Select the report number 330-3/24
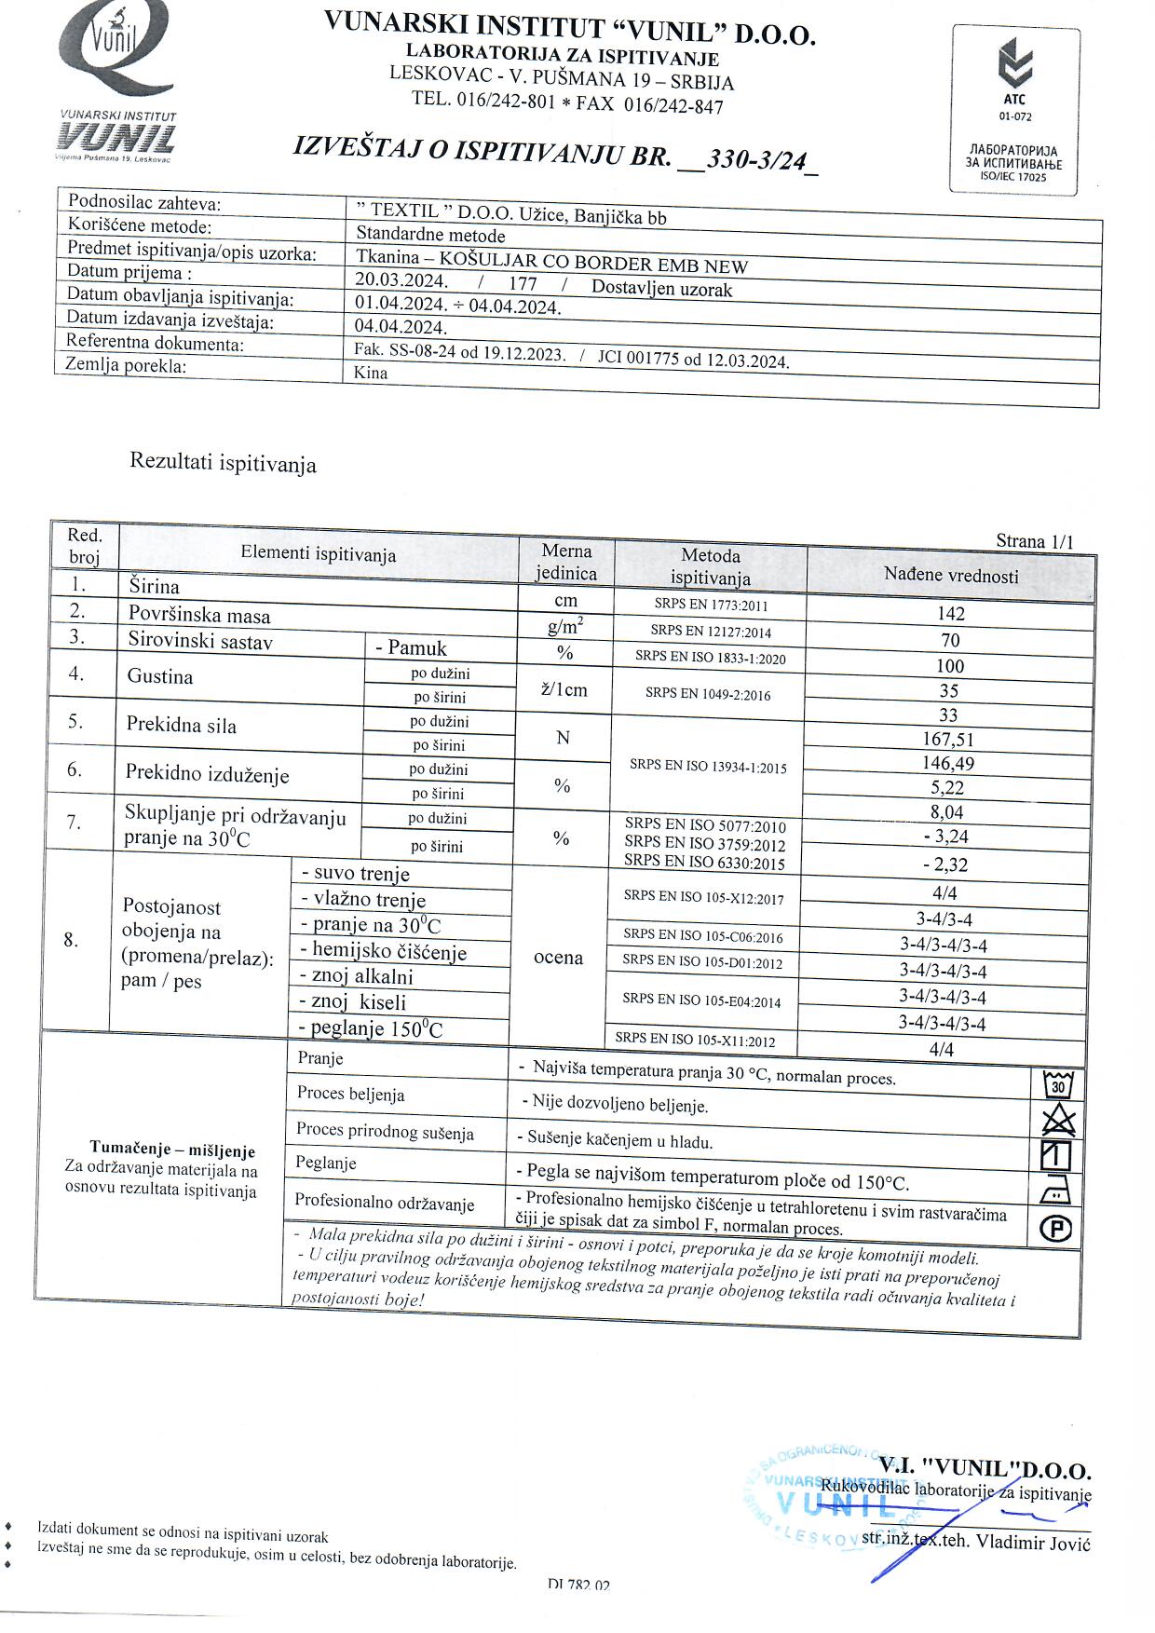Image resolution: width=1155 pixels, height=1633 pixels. click(755, 159)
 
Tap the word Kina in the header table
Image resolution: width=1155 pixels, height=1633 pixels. click(372, 373)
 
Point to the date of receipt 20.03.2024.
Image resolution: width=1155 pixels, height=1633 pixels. click(401, 280)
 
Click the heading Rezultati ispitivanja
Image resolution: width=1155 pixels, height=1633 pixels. click(223, 463)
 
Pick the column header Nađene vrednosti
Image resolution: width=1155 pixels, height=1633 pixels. click(951, 576)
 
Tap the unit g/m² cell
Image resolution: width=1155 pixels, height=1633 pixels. click(565, 627)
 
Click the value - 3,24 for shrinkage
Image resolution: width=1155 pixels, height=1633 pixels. click(945, 837)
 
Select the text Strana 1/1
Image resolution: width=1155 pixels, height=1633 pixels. click(1034, 541)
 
